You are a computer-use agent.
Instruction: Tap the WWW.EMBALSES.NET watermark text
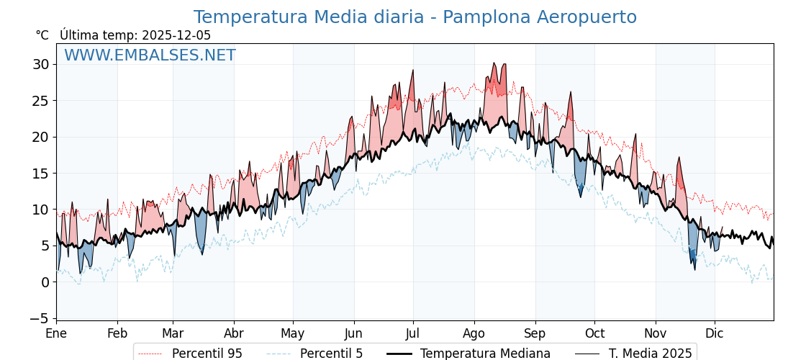tap(150, 55)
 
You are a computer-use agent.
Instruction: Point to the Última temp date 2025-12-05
tap(176, 35)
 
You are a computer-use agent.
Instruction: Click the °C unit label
tap(42, 35)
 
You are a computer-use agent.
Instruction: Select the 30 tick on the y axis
tap(41, 64)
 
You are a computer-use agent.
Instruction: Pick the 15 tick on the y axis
tap(41, 173)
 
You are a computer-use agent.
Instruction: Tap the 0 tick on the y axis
tap(45, 282)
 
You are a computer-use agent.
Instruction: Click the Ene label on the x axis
tap(56, 334)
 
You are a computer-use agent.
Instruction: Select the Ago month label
tap(474, 334)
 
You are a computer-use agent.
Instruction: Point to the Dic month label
tap(715, 334)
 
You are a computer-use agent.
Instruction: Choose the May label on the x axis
tap(293, 334)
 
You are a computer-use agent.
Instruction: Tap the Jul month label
tap(413, 334)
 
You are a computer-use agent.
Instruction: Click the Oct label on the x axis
tap(594, 334)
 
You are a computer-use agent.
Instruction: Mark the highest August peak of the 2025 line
tap(494, 63)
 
